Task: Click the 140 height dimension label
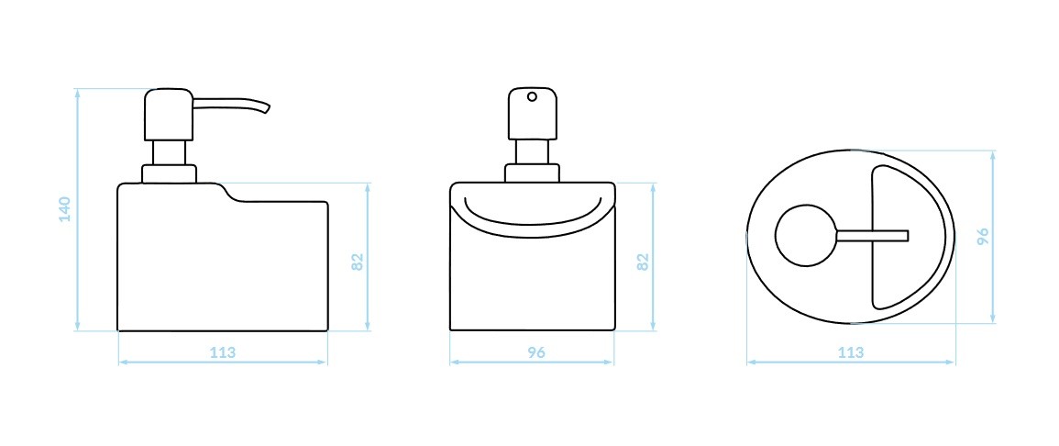(x=64, y=209)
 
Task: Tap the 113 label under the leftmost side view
(x=223, y=352)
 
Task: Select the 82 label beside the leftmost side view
(x=358, y=262)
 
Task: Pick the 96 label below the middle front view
(x=535, y=352)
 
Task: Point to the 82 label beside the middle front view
(x=643, y=262)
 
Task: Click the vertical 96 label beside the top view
(x=983, y=236)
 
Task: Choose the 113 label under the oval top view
(x=850, y=352)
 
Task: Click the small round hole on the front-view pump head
(x=532, y=96)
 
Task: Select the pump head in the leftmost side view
(x=169, y=114)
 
